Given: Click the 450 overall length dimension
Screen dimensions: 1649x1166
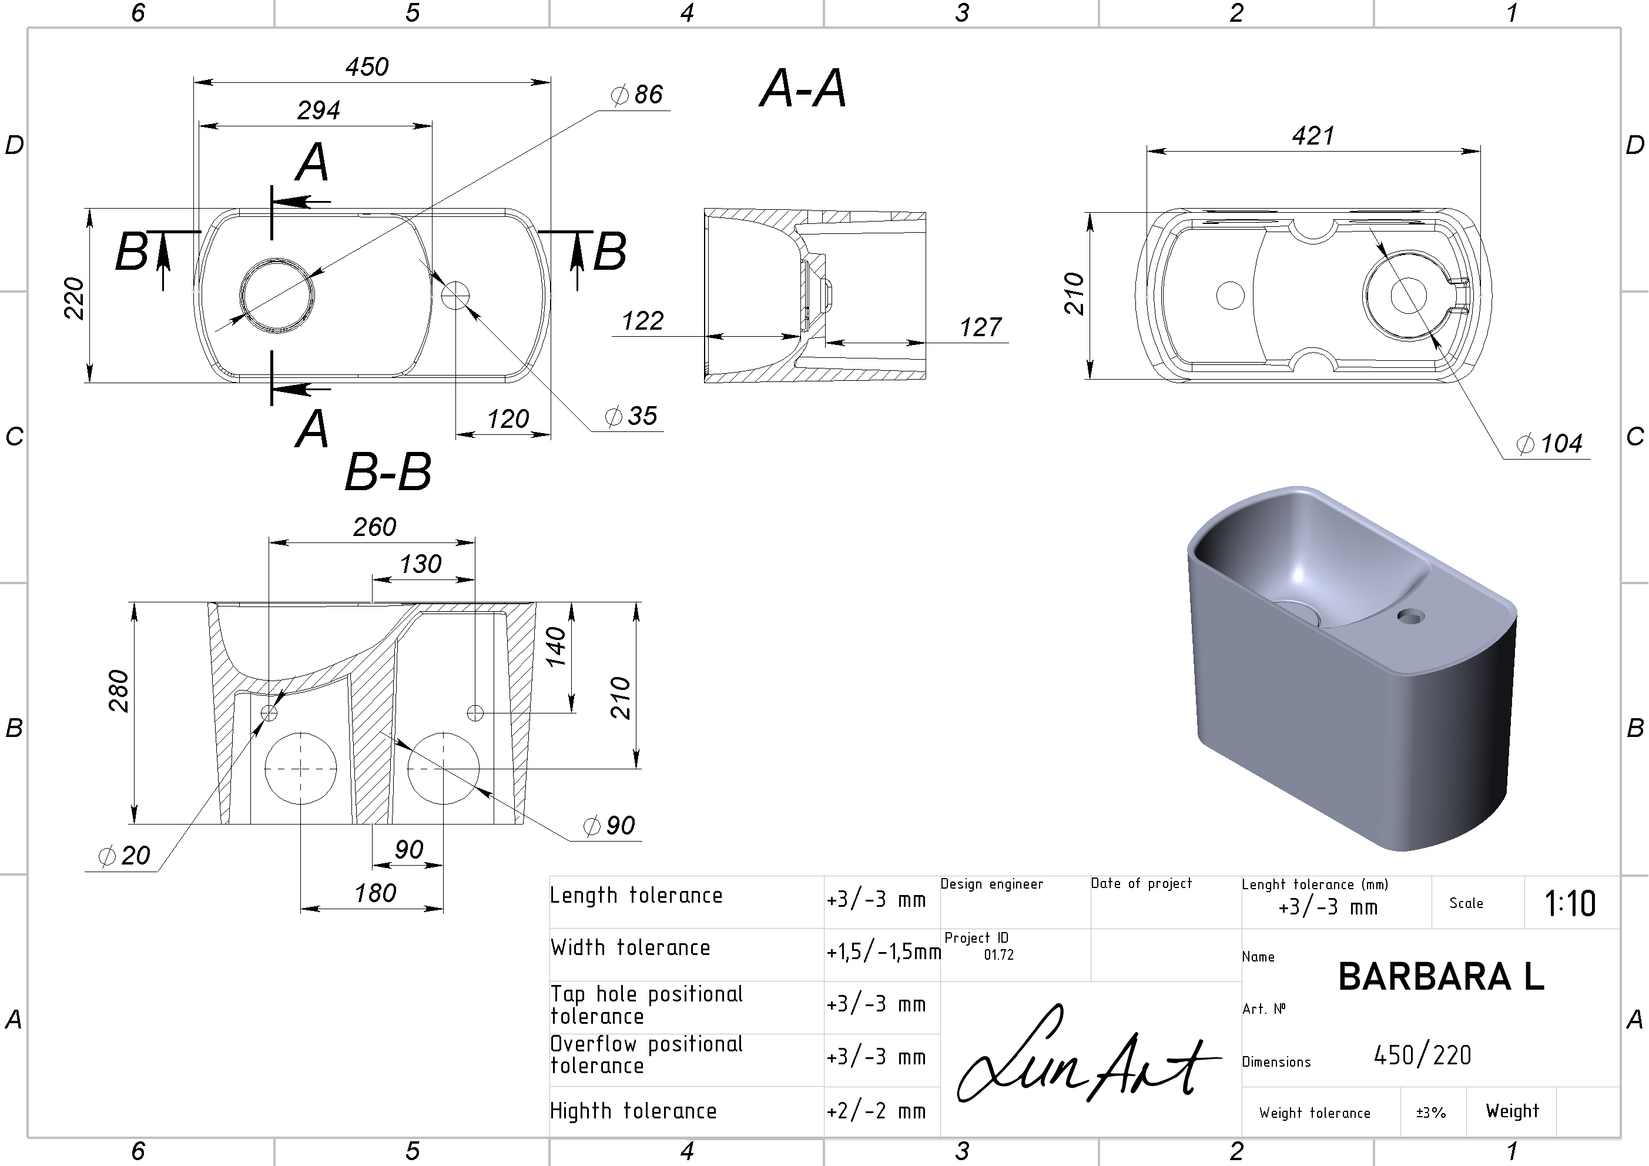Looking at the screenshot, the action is [x=367, y=67].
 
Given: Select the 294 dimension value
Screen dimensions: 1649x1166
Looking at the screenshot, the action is [x=319, y=110].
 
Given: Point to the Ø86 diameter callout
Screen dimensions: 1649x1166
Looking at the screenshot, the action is [x=636, y=94].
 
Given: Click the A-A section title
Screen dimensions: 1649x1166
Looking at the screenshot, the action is [x=803, y=89].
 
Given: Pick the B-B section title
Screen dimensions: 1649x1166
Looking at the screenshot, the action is [x=388, y=473].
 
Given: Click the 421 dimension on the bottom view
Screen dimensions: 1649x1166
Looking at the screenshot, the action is [x=1313, y=136].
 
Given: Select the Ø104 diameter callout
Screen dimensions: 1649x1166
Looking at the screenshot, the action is [x=1549, y=444].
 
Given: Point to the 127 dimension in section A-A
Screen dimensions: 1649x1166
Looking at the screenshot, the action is [x=980, y=327].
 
